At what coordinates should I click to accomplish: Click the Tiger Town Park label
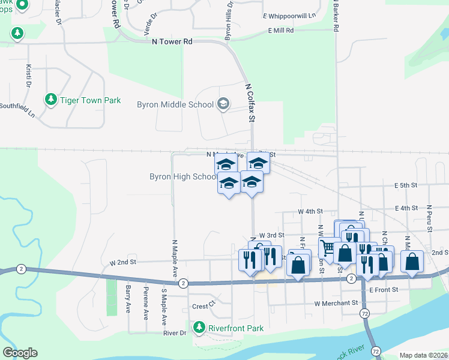tap(90, 100)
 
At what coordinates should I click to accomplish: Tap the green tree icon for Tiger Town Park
tap(52, 100)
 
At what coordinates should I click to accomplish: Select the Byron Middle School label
tap(175, 104)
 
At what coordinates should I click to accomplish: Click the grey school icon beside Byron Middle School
tap(223, 104)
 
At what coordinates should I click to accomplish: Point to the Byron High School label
tap(183, 176)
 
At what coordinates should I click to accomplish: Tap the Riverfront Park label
tap(235, 328)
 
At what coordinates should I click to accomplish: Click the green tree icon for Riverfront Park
tap(199, 328)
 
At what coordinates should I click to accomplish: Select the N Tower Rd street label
tap(172, 41)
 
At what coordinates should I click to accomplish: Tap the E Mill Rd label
tap(281, 30)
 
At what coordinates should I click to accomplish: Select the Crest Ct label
tap(203, 305)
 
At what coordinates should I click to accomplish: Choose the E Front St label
tap(384, 290)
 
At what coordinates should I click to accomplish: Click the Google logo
tap(20, 353)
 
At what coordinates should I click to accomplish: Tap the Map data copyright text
tap(423, 355)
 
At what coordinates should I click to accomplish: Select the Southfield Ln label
tap(17, 107)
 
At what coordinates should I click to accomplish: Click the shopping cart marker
tap(328, 247)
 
